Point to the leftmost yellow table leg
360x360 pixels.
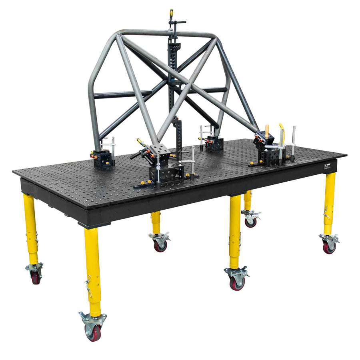coord(31,228)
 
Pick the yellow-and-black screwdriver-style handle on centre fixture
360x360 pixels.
coord(141,142)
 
